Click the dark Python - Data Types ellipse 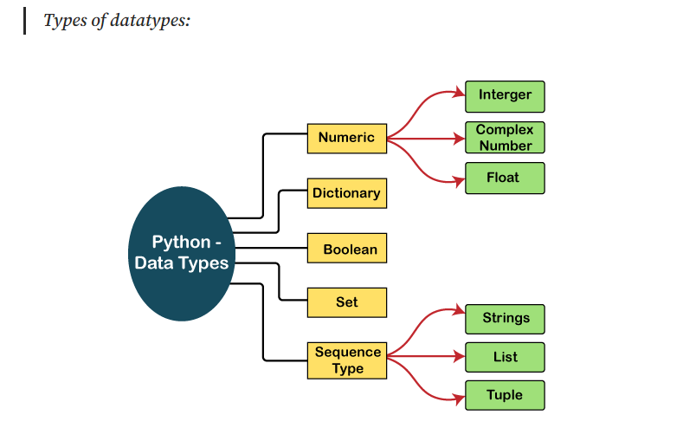click(181, 253)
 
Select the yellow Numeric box click(346, 138)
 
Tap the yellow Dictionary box click(346, 193)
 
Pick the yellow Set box click(346, 302)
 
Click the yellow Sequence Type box click(346, 360)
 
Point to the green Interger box click(505, 95)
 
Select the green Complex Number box click(505, 138)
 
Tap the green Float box click(505, 178)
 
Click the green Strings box click(505, 318)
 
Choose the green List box click(505, 357)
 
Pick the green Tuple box click(505, 395)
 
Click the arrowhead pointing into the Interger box click(459, 94)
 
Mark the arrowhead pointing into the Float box click(459, 180)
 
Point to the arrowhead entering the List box click(459, 356)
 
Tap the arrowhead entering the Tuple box click(459, 399)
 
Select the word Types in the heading click(64, 20)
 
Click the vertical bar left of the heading click(25, 20)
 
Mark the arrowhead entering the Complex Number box click(459, 138)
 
